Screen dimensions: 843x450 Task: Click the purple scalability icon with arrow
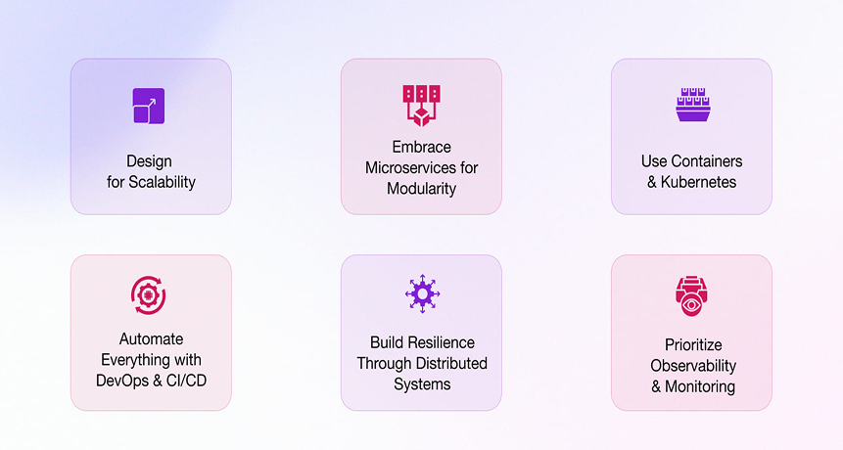pyautogui.click(x=149, y=106)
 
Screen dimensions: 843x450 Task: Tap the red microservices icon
pyautogui.click(x=421, y=106)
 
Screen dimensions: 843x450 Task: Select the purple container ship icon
pyautogui.click(x=693, y=105)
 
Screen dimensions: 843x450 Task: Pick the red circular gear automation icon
pyautogui.click(x=149, y=294)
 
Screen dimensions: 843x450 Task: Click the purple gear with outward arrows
pyautogui.click(x=423, y=293)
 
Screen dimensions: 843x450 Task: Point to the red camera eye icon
pyautogui.click(x=691, y=295)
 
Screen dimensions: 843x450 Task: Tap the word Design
pyautogui.click(x=149, y=161)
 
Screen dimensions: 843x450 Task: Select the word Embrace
pyautogui.click(x=421, y=147)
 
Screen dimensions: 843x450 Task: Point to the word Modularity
pyautogui.click(x=421, y=189)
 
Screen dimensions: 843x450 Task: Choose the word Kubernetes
pyautogui.click(x=698, y=182)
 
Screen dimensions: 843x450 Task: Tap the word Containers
pyautogui.click(x=707, y=161)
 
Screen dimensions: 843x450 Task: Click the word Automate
pyautogui.click(x=151, y=338)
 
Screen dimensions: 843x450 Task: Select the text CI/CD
pyautogui.click(x=187, y=381)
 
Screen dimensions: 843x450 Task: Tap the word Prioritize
pyautogui.click(x=693, y=344)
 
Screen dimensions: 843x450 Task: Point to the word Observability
pyautogui.click(x=693, y=366)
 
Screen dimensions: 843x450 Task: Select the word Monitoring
pyautogui.click(x=699, y=386)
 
